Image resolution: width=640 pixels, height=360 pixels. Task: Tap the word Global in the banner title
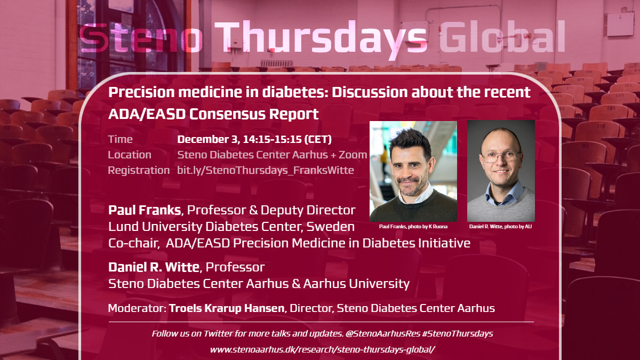502,36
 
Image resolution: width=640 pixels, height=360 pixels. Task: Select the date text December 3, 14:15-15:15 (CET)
254,139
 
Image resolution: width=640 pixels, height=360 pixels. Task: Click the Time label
121,139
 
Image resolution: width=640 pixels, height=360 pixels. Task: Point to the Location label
130,155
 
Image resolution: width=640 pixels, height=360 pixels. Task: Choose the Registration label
139,170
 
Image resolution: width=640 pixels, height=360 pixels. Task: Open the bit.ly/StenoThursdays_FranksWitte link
266,170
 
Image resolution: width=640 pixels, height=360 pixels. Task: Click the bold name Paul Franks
145,210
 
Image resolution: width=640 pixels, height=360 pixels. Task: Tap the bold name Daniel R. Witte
154,267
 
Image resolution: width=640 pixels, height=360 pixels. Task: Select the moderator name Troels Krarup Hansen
227,308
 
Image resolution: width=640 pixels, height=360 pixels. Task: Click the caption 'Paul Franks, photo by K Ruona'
413,227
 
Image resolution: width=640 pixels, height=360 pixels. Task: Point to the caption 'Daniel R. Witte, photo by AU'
501,227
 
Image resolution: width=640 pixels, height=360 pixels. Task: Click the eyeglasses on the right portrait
501,156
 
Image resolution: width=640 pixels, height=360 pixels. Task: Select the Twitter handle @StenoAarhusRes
383,334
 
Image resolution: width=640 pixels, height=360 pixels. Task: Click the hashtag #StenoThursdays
458,334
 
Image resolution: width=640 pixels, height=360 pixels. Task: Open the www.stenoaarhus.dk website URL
323,349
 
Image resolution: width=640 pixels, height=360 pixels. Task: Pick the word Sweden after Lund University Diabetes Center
330,227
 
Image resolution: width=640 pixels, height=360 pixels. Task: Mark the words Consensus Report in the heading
254,114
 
